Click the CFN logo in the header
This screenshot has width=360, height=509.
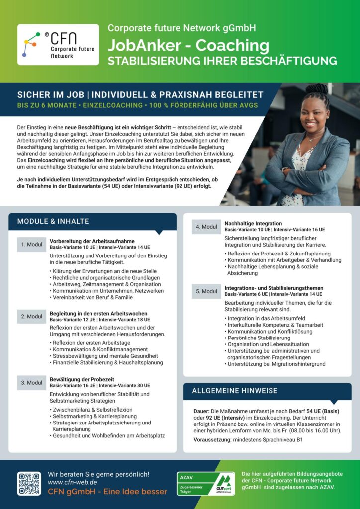pyautogui.click(x=51, y=45)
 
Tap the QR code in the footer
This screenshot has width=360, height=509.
pyautogui.click(x=29, y=484)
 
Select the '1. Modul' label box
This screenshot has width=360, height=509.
pyautogui.click(x=32, y=244)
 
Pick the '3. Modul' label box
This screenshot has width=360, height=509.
pyautogui.click(x=32, y=383)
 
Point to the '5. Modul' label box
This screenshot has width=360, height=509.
pyautogui.click(x=206, y=291)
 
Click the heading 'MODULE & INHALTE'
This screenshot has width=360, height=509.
pyautogui.click(x=53, y=221)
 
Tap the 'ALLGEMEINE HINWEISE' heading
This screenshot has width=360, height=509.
pyautogui.click(x=235, y=391)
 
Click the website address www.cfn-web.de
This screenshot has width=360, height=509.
pyautogui.click(x=72, y=482)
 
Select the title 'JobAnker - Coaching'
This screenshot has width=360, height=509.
pyautogui.click(x=188, y=46)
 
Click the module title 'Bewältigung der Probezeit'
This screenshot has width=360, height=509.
pyautogui.click(x=82, y=379)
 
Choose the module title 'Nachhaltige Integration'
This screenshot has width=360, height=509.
pyautogui.click(x=253, y=224)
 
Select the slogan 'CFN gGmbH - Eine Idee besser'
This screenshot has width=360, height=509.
pyautogui.click(x=107, y=492)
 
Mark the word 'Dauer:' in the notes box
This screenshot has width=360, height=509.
pyautogui.click(x=203, y=412)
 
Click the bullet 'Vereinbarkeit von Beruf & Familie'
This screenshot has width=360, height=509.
pyautogui.click(x=92, y=297)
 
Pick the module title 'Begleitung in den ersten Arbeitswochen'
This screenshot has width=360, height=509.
pyautogui.click(x=98, y=314)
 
